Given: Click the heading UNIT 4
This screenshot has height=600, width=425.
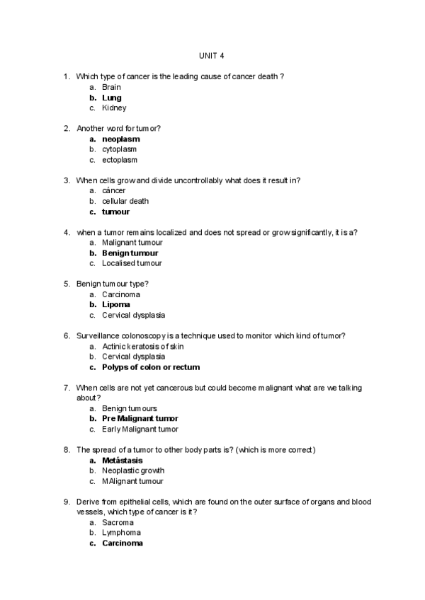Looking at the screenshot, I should click(x=212, y=56).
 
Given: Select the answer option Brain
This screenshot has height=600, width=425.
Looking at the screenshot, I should click(x=112, y=87).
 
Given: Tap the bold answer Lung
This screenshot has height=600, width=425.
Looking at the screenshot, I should click(x=112, y=98).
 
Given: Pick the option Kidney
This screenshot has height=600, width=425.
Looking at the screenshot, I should click(x=114, y=108).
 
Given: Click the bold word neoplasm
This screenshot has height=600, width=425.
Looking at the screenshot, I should click(x=120, y=139).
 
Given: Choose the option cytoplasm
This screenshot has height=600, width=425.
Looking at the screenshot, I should click(x=120, y=149).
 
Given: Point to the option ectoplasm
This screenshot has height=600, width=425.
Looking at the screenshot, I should click(x=120, y=160).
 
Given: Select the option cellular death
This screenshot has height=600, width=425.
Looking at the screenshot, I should click(x=125, y=201).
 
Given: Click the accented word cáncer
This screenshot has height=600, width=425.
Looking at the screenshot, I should click(x=114, y=190).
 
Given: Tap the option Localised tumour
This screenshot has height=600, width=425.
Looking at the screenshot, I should click(x=132, y=263).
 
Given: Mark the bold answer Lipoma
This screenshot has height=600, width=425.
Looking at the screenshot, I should click(x=116, y=305).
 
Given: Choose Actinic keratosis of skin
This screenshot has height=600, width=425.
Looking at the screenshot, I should click(x=142, y=346).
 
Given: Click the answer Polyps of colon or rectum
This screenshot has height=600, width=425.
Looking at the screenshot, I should click(x=151, y=367).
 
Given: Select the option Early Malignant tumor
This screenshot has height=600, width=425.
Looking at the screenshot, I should click(x=140, y=429).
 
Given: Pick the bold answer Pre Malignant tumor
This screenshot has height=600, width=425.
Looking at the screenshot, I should click(x=140, y=418).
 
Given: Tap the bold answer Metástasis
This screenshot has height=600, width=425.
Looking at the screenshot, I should click(x=123, y=460).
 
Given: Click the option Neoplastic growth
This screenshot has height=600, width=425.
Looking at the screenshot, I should click(x=133, y=471).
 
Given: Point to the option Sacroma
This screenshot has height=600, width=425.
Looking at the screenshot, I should click(x=118, y=522).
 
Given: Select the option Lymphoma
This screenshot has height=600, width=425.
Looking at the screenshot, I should click(x=121, y=533).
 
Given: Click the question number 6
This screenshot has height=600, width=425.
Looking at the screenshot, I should click(x=67, y=335).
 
